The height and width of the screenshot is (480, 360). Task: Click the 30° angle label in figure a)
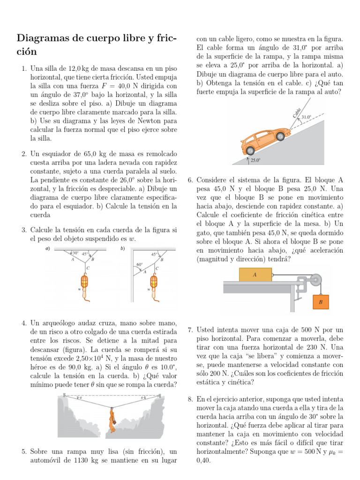coord(75,253)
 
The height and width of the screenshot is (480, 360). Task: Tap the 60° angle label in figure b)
coord(139,264)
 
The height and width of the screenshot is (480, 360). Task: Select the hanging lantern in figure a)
coord(85,282)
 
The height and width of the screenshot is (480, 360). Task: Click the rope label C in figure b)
coord(157,268)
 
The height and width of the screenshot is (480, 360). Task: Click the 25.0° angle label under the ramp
coord(255,160)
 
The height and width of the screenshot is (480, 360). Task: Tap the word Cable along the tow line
coord(297,112)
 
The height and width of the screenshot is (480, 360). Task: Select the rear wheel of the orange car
coord(250,150)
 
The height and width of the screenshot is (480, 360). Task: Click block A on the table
coord(255,275)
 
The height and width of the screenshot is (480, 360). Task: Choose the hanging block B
coord(321,302)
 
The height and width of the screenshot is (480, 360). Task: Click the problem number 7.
coord(190,330)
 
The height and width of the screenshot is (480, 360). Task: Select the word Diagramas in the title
coord(46,38)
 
